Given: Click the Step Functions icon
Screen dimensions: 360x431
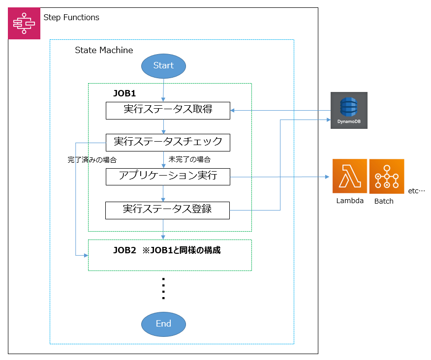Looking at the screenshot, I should pyautogui.click(x=24, y=23).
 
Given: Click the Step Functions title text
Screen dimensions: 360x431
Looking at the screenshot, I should pyautogui.click(x=71, y=18).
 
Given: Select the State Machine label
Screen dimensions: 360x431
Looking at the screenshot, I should pyautogui.click(x=104, y=50).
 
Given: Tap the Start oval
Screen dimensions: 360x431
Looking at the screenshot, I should pyautogui.click(x=163, y=66).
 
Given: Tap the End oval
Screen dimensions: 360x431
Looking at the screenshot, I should pyautogui.click(x=163, y=324).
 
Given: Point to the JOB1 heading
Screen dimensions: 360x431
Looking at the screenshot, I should pyautogui.click(x=124, y=93).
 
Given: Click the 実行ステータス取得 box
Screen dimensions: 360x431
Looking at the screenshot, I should pyautogui.click(x=168, y=110).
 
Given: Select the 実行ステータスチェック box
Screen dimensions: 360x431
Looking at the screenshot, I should pyautogui.click(x=168, y=142).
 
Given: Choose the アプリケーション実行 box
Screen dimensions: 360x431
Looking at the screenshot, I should pyautogui.click(x=168, y=176).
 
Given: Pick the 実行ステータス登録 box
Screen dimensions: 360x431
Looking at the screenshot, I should pyautogui.click(x=168, y=210).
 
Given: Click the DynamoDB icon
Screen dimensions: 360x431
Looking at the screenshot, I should pyautogui.click(x=349, y=110).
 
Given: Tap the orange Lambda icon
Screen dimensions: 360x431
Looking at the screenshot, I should pyautogui.click(x=349, y=176).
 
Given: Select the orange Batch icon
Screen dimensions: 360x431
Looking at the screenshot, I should pyautogui.click(x=387, y=176).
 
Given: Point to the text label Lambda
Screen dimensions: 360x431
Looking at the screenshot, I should pyautogui.click(x=350, y=201).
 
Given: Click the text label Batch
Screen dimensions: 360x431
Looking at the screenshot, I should pyautogui.click(x=384, y=201).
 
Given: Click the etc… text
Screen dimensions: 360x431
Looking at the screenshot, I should pyautogui.click(x=416, y=191).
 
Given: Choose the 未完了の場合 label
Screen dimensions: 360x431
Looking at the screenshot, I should pyautogui.click(x=189, y=159).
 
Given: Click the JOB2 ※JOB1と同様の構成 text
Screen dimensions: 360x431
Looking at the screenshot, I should pyautogui.click(x=167, y=250).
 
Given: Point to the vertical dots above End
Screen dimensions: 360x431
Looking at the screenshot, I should pyautogui.click(x=163, y=289).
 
